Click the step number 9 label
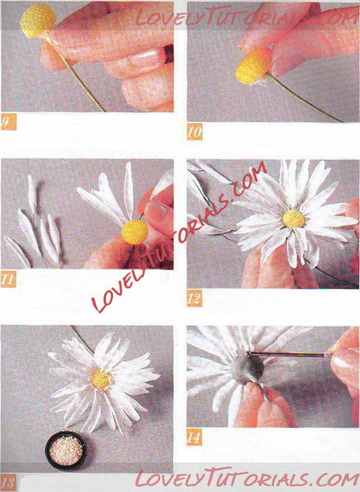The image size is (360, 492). point(8,122)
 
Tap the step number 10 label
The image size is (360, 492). point(194,132)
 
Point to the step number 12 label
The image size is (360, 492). point(194,298)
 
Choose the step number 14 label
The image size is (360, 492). point(194,437)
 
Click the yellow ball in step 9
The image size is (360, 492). point(38,21)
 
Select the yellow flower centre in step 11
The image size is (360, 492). point(135,232)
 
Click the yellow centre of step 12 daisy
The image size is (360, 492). point(293,219)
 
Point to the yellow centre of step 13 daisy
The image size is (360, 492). point(101,379)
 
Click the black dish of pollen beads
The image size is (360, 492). point(66,451)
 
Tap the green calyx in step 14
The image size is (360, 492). point(247,369)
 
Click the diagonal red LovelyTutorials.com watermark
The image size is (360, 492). point(179,238)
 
